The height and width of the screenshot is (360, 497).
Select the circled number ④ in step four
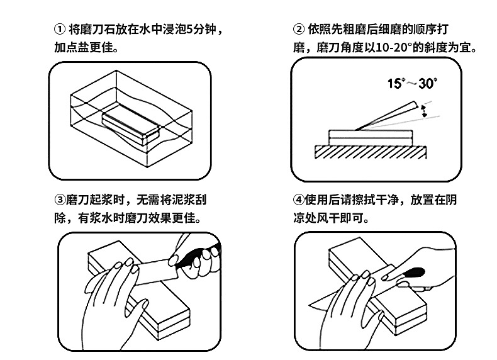299,200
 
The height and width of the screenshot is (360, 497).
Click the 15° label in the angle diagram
397,83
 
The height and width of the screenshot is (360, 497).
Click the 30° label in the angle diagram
427,83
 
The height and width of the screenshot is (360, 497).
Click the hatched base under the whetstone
371,151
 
